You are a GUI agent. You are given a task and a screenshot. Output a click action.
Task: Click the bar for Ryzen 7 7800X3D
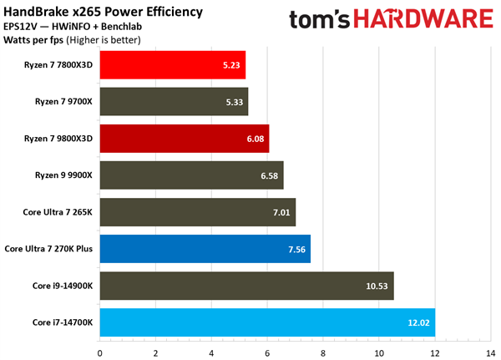[173, 65]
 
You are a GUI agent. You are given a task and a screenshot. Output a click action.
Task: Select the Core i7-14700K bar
[267, 322]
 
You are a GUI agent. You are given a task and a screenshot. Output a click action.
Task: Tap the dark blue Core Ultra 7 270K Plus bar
[205, 248]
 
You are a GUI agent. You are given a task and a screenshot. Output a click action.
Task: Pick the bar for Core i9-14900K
[246, 285]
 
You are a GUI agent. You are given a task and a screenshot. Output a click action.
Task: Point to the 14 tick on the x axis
[491, 351]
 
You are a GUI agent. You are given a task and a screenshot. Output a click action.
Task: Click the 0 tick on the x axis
[100, 351]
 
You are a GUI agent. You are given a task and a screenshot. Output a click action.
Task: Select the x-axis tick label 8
[323, 351]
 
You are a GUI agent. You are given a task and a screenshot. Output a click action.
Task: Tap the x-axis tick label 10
[378, 351]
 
